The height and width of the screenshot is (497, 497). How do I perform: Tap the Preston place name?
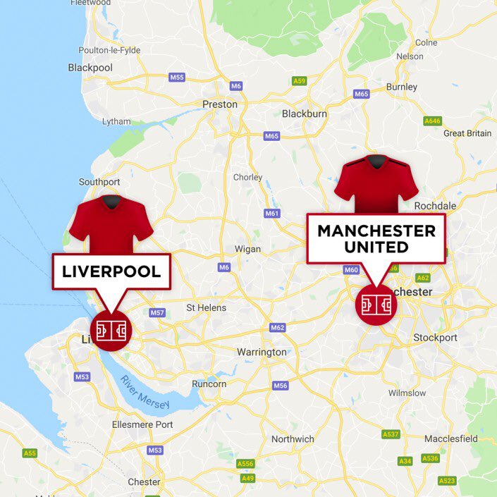220,104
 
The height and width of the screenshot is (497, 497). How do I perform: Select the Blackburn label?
305,113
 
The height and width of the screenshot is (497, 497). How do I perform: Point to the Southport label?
99,182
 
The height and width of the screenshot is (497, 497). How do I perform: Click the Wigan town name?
247,249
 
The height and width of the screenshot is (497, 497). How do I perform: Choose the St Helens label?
206,307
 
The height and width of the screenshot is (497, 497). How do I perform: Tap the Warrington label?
262,352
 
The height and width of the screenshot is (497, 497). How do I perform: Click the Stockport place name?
436,338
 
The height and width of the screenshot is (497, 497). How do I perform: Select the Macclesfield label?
451,438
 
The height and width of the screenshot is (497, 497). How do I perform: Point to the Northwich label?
293,439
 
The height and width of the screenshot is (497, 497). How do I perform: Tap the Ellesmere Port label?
142,424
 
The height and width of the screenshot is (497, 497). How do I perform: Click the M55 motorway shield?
177,78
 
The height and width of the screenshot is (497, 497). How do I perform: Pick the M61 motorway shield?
272,213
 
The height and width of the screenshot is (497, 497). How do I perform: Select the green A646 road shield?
432,121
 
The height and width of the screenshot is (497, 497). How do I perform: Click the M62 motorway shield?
278,328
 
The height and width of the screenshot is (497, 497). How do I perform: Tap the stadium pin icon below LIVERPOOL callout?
111,329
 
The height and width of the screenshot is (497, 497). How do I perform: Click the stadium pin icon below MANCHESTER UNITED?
376,305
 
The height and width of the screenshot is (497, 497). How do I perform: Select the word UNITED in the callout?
376,247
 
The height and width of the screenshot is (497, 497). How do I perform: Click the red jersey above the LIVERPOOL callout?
111,224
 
